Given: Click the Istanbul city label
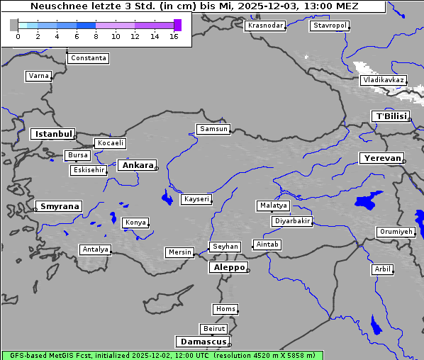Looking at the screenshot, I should click(x=52, y=133).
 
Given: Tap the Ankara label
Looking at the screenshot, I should click(x=137, y=165).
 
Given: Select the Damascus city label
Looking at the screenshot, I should click(x=202, y=342).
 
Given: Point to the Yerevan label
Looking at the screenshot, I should click(x=381, y=158).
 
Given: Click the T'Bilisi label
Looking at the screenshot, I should click(x=391, y=116).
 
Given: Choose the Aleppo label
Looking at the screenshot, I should click(x=227, y=267).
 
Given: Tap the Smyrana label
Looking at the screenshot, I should click(x=60, y=206).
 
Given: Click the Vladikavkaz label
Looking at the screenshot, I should click(x=383, y=80).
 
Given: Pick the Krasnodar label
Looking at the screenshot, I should click(x=265, y=26).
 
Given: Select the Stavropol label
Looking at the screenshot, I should click(x=330, y=26).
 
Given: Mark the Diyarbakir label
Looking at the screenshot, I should click(x=291, y=221).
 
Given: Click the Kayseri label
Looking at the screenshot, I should click(x=196, y=199).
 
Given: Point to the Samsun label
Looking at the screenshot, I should click(x=213, y=129).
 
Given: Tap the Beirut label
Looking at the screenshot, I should click(x=213, y=328).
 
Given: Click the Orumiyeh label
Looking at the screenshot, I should click(x=395, y=232).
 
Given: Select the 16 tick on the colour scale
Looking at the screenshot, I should click(x=174, y=36).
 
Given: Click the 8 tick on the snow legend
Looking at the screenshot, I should click(x=96, y=36).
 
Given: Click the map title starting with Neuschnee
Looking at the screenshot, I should click(x=194, y=6).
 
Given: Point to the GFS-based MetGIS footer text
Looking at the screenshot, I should click(x=162, y=355).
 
